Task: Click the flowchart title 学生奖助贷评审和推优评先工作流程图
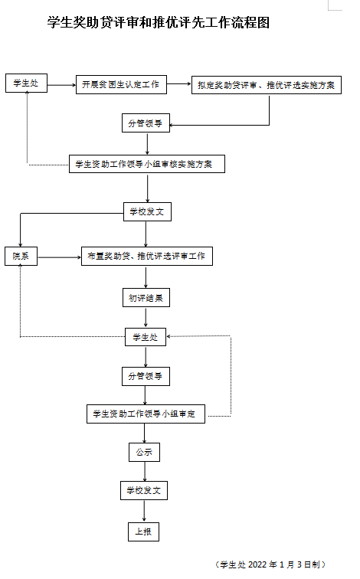(x=159, y=23)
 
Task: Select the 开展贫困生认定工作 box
(x=121, y=84)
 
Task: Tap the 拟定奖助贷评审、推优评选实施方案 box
(x=267, y=85)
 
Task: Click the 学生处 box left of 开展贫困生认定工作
(x=26, y=83)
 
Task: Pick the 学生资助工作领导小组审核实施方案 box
(x=147, y=164)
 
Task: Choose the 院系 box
(x=21, y=257)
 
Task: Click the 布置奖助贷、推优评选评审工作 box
(x=147, y=256)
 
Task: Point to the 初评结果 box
(x=146, y=298)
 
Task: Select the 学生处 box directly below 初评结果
(x=146, y=337)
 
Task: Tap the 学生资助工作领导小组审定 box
(x=146, y=414)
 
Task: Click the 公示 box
(x=144, y=452)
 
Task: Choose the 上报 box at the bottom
(x=144, y=532)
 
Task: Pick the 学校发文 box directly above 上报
(x=144, y=490)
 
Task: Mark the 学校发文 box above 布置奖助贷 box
(x=147, y=211)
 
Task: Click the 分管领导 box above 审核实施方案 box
(x=146, y=123)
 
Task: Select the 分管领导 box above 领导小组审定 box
(x=146, y=376)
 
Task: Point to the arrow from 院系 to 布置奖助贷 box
(x=60, y=257)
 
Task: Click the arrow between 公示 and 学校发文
(x=145, y=472)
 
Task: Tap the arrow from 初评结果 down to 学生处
(x=146, y=318)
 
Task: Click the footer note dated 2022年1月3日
(x=270, y=564)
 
